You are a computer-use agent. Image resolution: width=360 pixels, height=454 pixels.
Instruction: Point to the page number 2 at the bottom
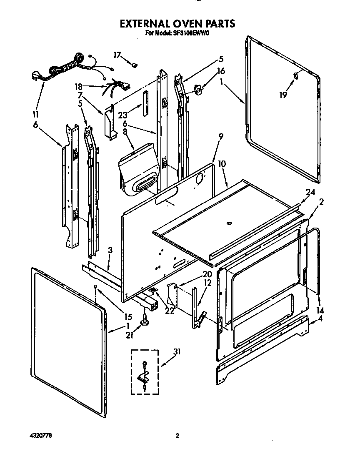tap(177, 436)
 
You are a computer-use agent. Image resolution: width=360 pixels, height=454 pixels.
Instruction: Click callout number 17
tap(117, 55)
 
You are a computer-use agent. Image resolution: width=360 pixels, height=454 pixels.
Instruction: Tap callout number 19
tap(283, 95)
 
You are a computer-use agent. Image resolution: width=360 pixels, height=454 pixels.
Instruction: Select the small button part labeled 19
tap(295, 75)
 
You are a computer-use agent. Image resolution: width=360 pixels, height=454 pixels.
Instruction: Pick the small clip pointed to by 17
tap(135, 65)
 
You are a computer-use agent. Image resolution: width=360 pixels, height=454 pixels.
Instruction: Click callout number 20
tap(207, 274)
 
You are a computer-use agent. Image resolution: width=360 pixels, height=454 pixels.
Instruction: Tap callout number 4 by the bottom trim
tap(320, 319)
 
